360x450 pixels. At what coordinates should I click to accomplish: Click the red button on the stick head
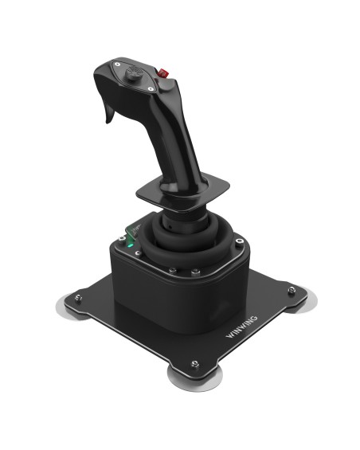coord(163,73)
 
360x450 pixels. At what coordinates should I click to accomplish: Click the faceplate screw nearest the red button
coord(151,89)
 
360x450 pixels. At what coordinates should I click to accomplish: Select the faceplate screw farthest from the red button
coord(117,64)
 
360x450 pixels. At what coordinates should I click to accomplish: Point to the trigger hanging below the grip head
coord(110,113)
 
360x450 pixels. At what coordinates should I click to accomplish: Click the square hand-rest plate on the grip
coord(182,190)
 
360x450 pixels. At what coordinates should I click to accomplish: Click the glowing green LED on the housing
coord(131,246)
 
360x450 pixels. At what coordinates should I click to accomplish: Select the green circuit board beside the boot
coord(134,230)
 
